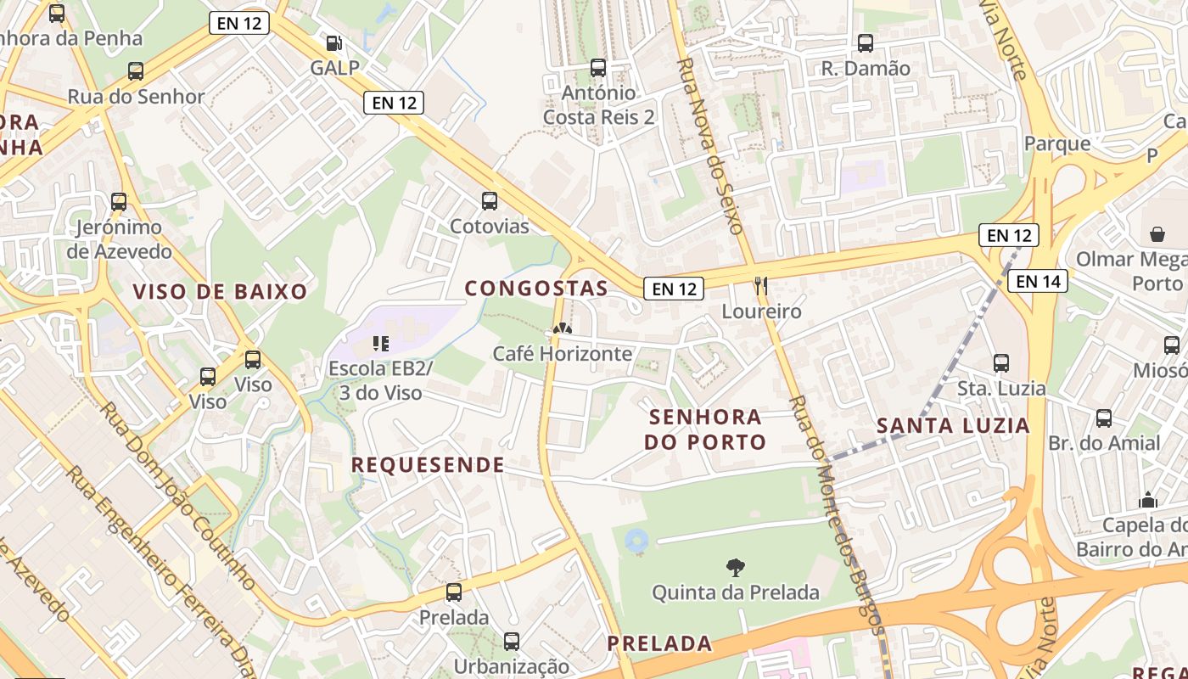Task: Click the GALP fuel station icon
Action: click(335, 42)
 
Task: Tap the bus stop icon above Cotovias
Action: click(490, 201)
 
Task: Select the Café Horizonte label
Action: click(563, 353)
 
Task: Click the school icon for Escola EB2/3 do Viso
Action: click(381, 344)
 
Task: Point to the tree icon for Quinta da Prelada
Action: click(736, 567)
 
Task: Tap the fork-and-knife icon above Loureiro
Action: click(761, 286)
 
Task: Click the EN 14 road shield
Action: click(1038, 281)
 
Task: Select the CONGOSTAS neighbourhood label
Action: click(536, 289)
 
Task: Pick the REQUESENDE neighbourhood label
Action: click(428, 465)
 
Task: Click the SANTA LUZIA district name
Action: click(953, 426)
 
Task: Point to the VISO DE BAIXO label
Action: click(220, 292)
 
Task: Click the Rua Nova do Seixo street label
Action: click(710, 146)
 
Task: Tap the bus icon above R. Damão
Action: click(866, 43)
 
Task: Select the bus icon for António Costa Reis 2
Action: click(598, 68)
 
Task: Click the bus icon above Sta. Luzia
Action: click(1001, 363)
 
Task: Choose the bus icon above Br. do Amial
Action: click(1104, 418)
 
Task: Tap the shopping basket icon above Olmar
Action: click(1157, 233)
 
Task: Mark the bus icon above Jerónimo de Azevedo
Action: click(119, 202)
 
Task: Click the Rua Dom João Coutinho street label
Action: click(177, 496)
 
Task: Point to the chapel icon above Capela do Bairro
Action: click(1148, 500)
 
